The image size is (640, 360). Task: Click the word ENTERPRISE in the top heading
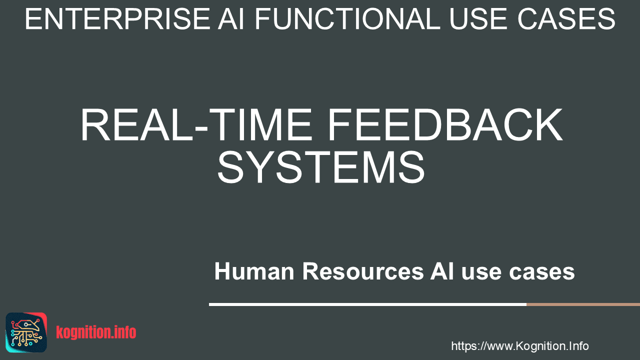117,19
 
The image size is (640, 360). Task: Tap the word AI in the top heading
231,19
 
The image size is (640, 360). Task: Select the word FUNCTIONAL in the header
347,19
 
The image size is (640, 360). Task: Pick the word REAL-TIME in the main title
196,124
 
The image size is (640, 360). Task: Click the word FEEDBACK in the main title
445,124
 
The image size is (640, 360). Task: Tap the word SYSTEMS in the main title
321,167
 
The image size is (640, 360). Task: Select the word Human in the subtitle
254,271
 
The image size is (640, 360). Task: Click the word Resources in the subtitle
363,271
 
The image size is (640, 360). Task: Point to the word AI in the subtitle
442,271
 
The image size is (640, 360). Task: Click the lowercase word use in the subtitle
481,273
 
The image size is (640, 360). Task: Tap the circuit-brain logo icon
26,332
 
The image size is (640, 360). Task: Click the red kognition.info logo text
96,332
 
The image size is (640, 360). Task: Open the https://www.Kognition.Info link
519,346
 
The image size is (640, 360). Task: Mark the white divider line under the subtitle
367,304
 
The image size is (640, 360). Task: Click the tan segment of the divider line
583,304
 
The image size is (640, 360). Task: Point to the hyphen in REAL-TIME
201,129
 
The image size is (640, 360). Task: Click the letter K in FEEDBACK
548,124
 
